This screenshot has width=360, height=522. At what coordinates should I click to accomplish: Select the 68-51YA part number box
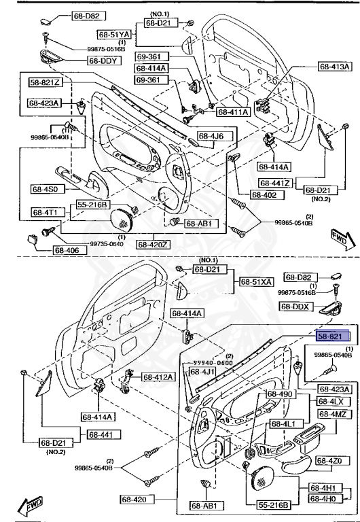[x=113, y=33]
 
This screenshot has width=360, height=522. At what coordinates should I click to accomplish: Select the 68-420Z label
[x=155, y=244]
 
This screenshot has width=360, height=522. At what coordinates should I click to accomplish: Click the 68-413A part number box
[x=335, y=67]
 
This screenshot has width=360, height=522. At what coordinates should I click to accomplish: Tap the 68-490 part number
[x=278, y=394]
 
